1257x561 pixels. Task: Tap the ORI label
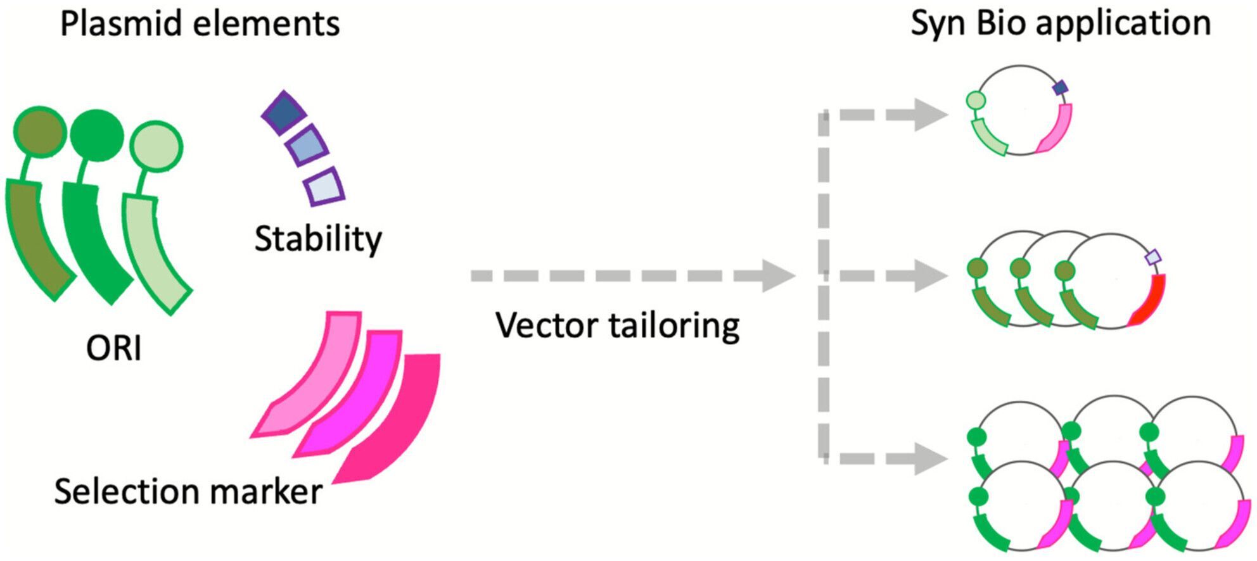pos(114,348)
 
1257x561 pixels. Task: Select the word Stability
pos(318,239)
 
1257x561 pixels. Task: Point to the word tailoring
pos(673,326)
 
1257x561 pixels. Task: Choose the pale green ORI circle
pos(156,148)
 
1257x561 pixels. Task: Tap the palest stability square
pos(324,187)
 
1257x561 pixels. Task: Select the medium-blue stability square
pos(307,146)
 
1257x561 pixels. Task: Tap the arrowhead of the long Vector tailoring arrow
pos(778,275)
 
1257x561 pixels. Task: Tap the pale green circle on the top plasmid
pos(976,100)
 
